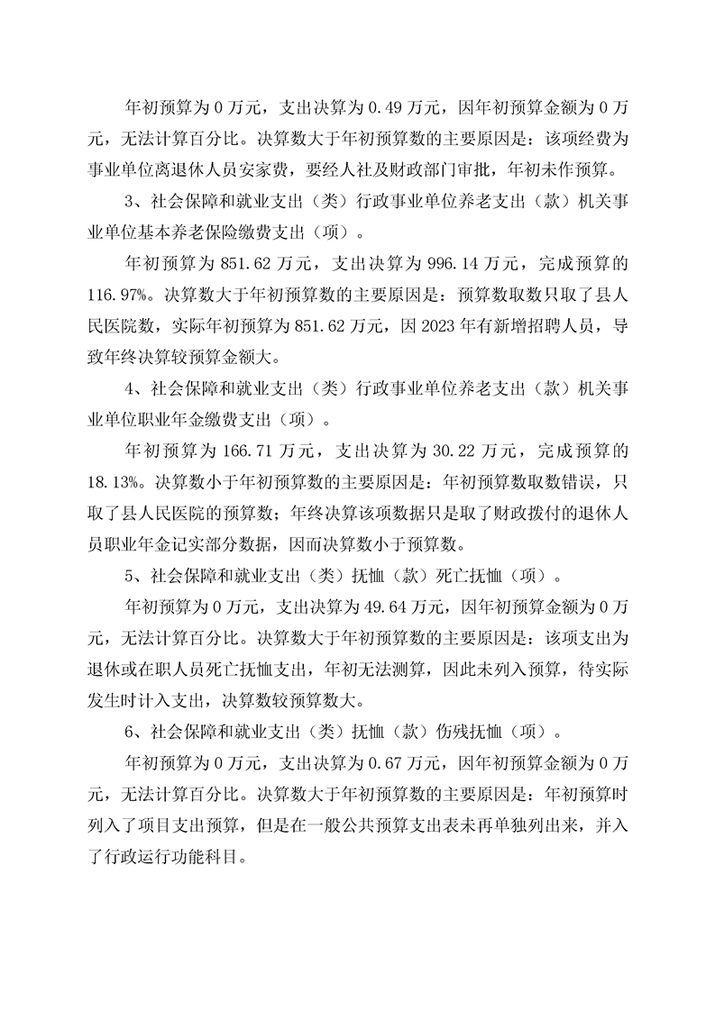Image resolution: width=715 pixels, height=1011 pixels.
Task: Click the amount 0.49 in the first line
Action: pos(384,108)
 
